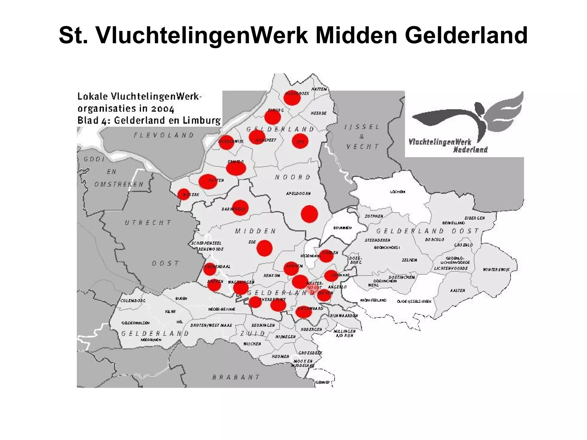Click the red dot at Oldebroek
coord(292,98)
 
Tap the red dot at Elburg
coord(272,117)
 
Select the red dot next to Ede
coord(264,248)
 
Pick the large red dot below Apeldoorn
coord(309,214)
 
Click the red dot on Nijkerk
coord(184,194)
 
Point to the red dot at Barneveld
coord(240,208)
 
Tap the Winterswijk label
coord(496,270)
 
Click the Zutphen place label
coord(374,216)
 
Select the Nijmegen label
coord(285,337)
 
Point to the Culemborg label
coord(133,301)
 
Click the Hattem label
coord(319,89)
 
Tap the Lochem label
coord(398,192)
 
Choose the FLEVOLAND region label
coord(164,135)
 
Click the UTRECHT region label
coord(148,222)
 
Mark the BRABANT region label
coord(236,377)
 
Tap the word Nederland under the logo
coord(470,150)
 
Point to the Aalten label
coord(457,290)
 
